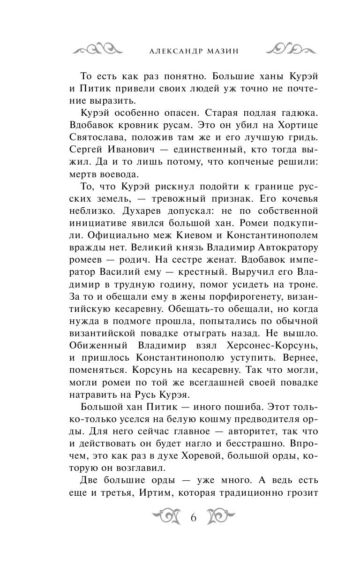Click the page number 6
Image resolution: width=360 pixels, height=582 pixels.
click(193, 517)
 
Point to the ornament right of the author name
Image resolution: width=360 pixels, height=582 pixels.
click(288, 49)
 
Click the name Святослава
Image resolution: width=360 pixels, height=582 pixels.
click(98, 137)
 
